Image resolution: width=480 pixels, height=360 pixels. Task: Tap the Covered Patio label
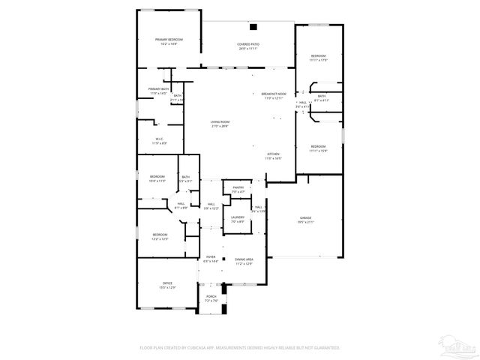tap(248, 44)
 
